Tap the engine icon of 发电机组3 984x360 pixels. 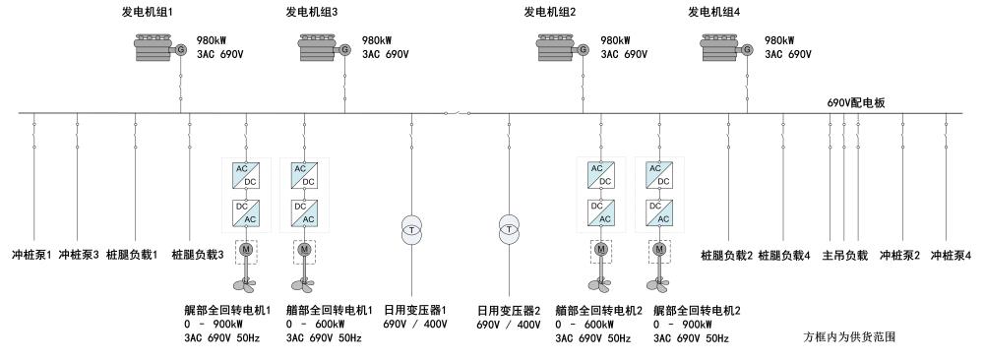[x=317, y=48]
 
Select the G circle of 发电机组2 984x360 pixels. [x=583, y=49]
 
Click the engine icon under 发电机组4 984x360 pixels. [x=719, y=48]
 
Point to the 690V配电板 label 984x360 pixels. [x=856, y=103]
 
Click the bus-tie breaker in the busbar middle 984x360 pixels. [x=458, y=113]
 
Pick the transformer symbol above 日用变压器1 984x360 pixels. [x=411, y=230]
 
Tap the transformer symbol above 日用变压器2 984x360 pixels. [x=509, y=230]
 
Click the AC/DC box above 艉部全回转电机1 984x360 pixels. [x=247, y=175]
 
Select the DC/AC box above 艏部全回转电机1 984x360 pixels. [x=305, y=212]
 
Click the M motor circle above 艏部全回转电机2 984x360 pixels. [x=602, y=249]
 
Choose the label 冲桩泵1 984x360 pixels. [x=32, y=256]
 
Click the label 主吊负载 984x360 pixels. [x=844, y=256]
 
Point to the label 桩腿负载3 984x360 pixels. [x=198, y=256]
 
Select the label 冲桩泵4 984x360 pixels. [x=951, y=256]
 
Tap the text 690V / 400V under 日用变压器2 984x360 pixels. [x=509, y=325]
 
